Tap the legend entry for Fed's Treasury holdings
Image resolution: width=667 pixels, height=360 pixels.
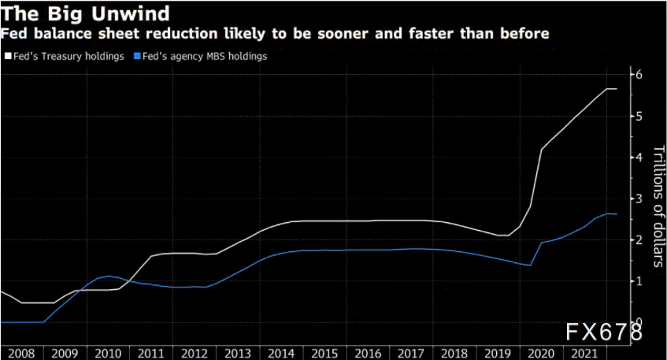68,57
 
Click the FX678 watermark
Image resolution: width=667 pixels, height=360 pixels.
602,332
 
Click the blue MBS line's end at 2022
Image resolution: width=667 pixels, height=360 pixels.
616,214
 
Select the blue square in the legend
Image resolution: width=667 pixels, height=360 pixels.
138,57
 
